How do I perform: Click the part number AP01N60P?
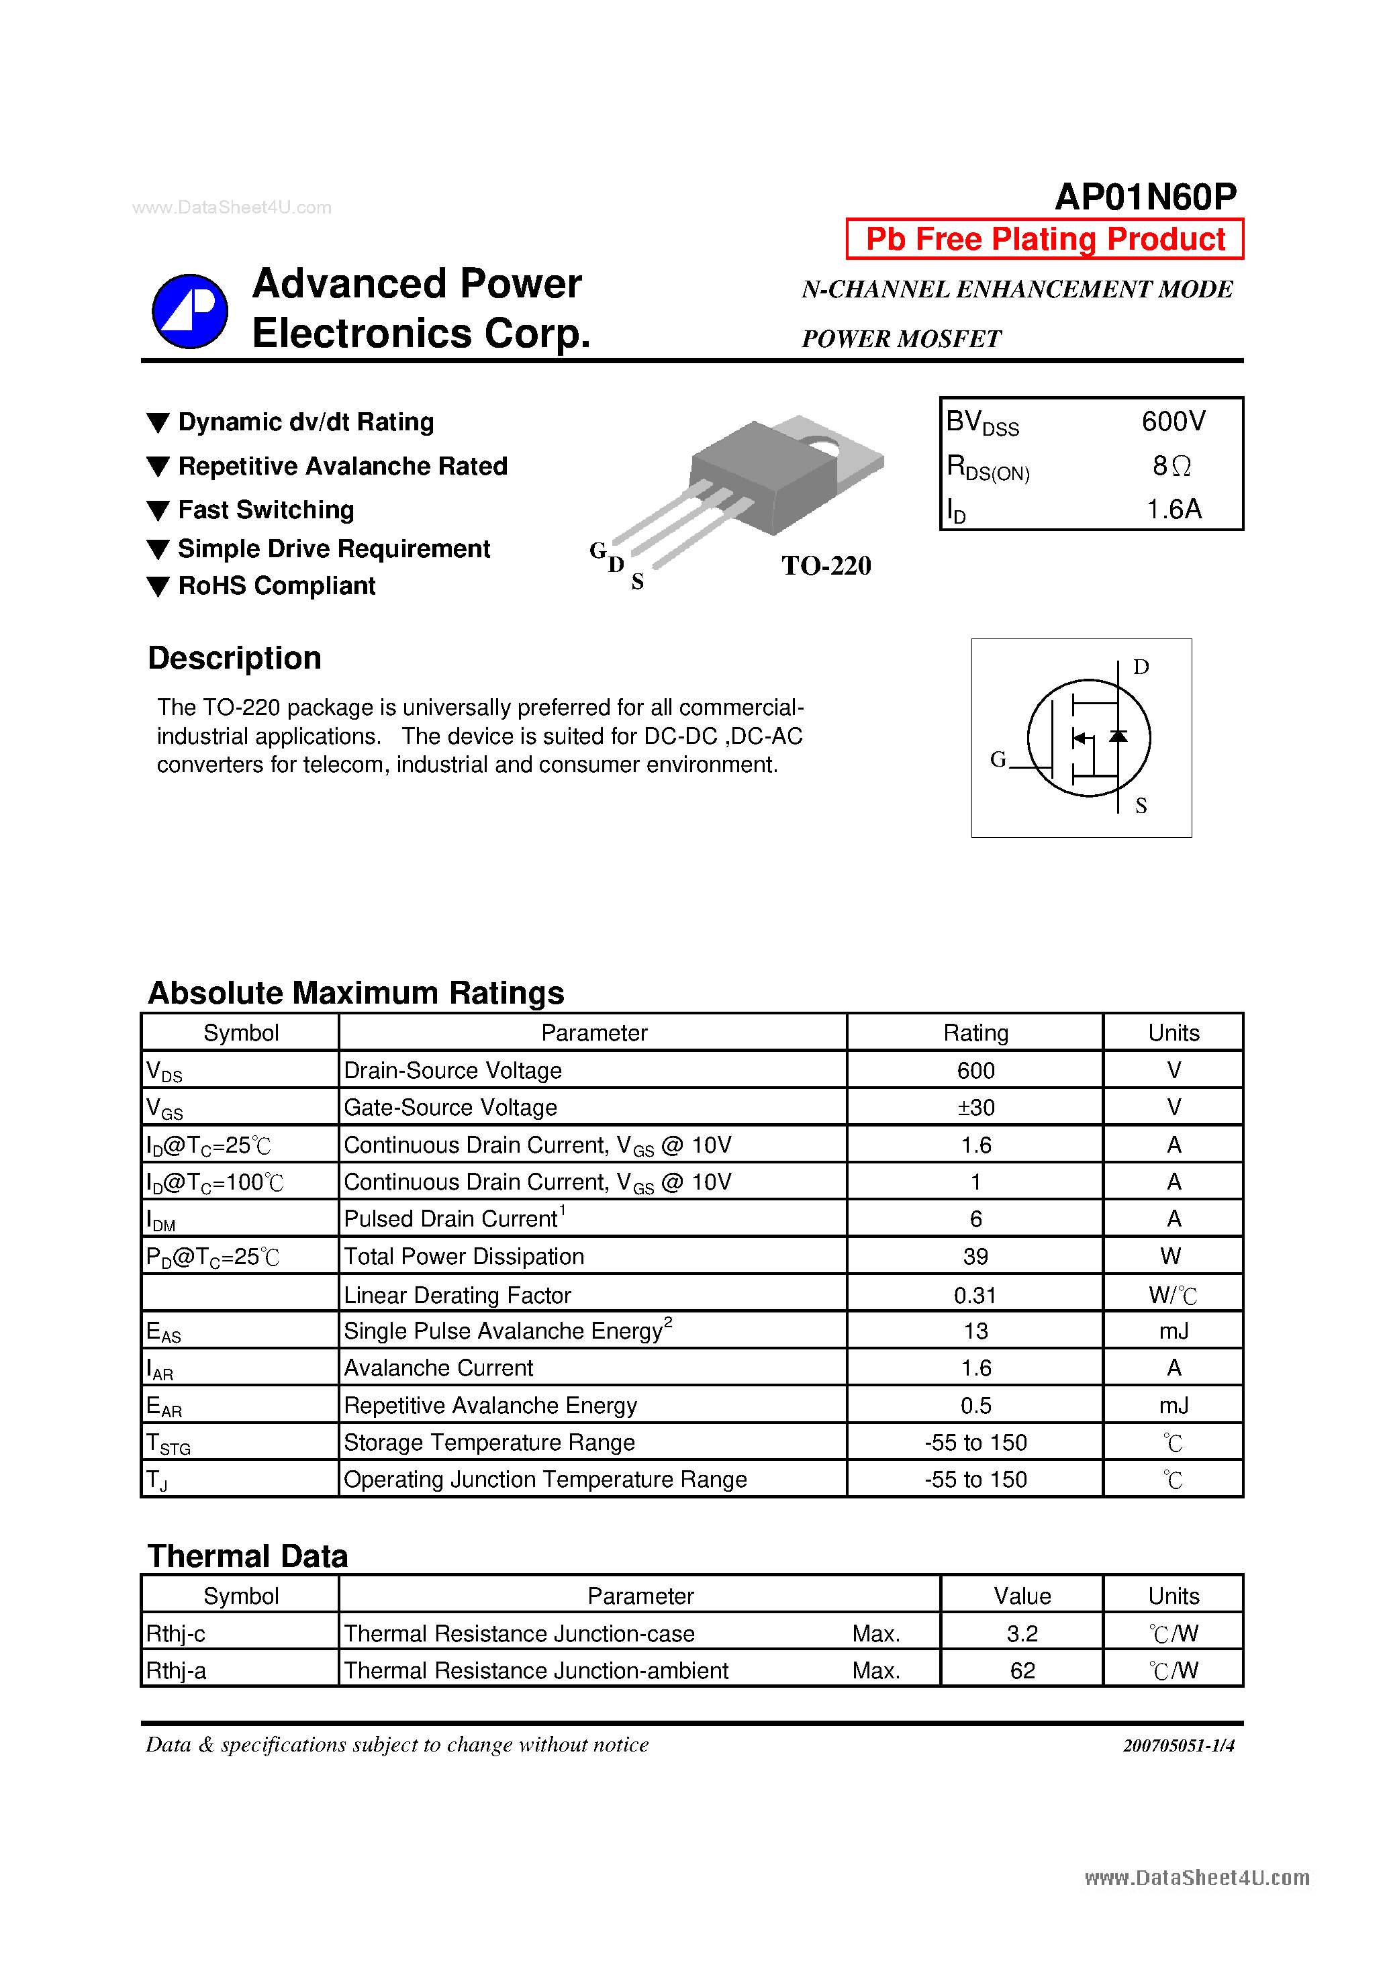point(1145,197)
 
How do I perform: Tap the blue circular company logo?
point(190,312)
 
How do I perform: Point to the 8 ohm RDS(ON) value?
point(1171,466)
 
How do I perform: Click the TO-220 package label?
point(825,565)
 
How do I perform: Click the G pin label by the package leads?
point(597,550)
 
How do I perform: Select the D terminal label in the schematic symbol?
point(1140,667)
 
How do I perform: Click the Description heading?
point(234,659)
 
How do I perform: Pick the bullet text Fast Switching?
point(265,510)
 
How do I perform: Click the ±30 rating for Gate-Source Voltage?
point(975,1108)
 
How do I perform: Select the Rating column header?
point(975,1033)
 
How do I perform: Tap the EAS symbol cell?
point(163,1331)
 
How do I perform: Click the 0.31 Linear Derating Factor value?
point(975,1295)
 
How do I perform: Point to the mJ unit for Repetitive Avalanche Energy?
point(1174,1406)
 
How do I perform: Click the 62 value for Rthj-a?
point(1022,1670)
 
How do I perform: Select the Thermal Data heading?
point(247,1556)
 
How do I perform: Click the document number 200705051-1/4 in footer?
point(1178,1746)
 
